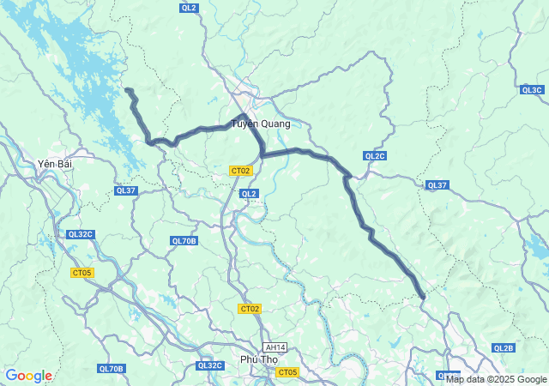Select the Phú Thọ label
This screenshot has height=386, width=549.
pos(259,359)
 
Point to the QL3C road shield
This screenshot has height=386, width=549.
pos(532,89)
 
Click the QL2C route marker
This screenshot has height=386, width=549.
pos(375,155)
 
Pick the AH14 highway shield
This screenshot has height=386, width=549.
pos(275,347)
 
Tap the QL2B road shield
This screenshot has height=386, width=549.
pos(504,347)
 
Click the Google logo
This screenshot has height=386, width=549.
pos(28,376)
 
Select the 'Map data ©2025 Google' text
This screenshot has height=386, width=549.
pos(496,379)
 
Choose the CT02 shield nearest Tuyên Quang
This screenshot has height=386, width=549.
pos(241,171)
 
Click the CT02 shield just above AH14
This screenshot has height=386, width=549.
pos(250,309)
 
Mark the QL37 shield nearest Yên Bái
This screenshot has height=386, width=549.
pos(125,190)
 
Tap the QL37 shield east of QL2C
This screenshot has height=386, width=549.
pos(437,185)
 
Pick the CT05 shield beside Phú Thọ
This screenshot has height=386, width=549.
pos(287,372)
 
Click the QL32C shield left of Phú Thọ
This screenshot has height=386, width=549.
pos(210,365)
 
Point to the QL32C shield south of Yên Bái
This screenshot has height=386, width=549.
pos(81,234)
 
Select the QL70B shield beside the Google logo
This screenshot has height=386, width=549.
pos(112,369)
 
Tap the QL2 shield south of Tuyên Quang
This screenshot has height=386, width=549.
pos(249,194)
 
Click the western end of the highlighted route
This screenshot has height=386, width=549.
pos(127,89)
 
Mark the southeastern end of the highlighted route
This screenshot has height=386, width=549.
pos(423,298)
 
